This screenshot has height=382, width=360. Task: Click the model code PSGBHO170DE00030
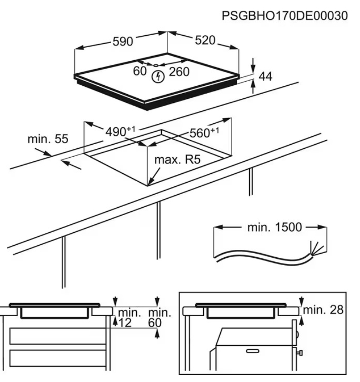click(x=284, y=16)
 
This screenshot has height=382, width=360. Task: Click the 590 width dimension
click(x=122, y=41)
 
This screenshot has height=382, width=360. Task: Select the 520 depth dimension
click(x=205, y=41)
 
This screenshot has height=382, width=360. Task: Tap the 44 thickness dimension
click(x=265, y=77)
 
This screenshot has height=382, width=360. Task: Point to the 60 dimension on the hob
click(x=139, y=71)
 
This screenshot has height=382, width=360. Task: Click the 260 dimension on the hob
click(x=179, y=72)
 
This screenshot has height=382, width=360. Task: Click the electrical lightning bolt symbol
click(x=158, y=76)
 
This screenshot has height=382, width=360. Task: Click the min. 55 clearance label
click(x=48, y=139)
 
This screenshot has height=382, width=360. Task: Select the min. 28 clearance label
click(x=323, y=310)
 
